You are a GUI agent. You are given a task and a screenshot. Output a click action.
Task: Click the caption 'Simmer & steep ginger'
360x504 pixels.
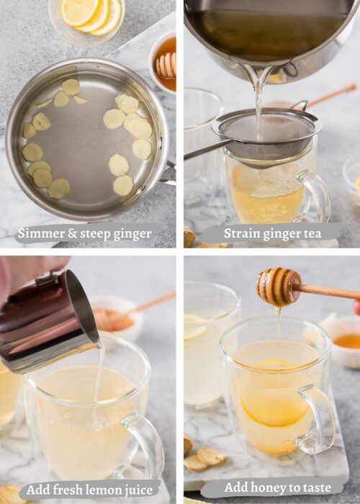click(84, 233)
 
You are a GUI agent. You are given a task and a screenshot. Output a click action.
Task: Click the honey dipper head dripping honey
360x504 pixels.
click(277, 287)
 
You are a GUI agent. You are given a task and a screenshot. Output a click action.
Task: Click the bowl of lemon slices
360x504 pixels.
click(86, 18)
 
